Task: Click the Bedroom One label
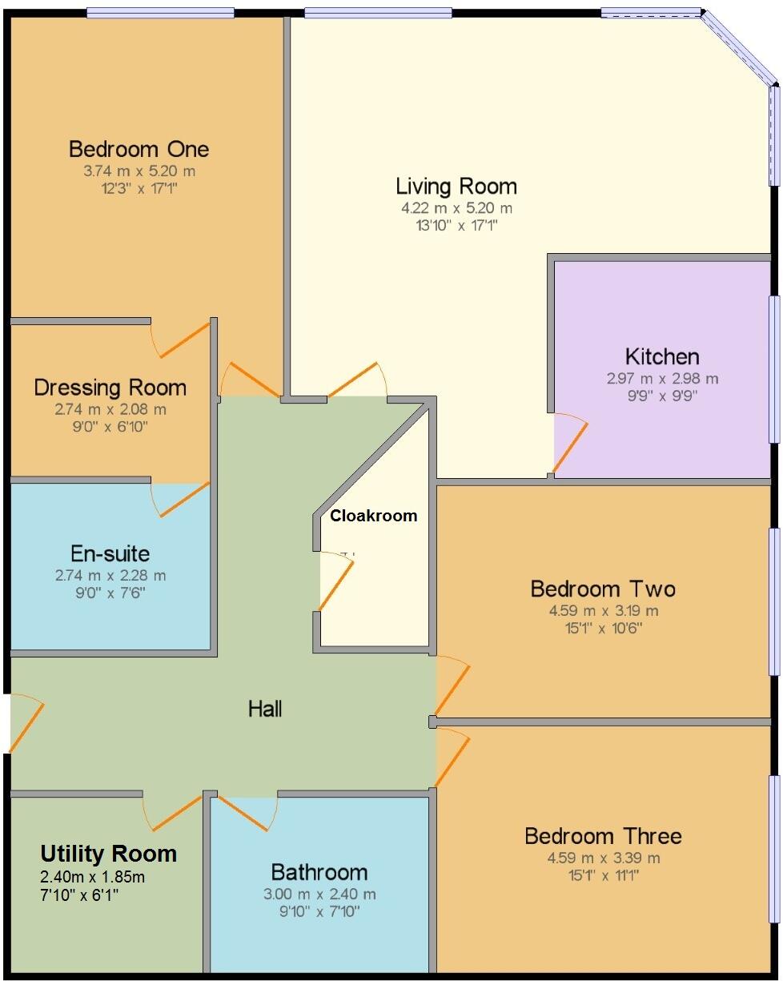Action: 139,149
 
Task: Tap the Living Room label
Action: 456,187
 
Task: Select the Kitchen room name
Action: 662,356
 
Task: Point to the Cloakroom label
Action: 374,516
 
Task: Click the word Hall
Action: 265,708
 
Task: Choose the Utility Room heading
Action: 109,854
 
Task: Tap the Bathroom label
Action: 319,872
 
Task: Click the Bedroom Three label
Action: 603,836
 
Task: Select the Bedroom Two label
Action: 603,589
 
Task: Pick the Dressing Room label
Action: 110,388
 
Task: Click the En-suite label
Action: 110,553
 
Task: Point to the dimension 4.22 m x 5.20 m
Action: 456,208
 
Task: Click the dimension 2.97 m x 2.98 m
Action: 662,378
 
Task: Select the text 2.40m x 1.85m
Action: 93,876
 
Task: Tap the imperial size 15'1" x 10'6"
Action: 603,628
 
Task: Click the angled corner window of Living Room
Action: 740,47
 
